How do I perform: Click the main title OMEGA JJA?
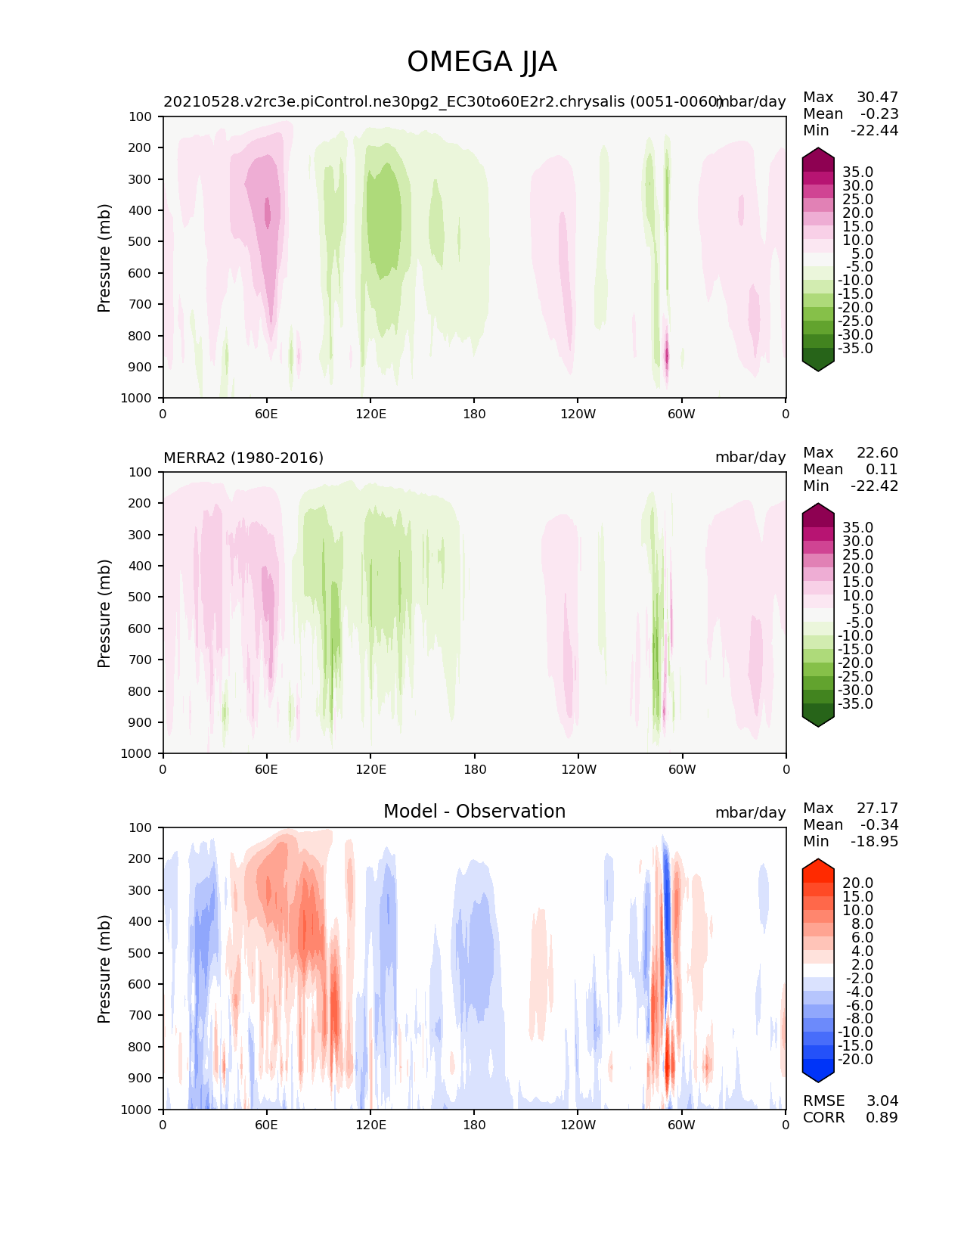pos(482,62)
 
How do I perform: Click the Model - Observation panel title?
pos(474,812)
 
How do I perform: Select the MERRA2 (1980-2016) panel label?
pos(243,458)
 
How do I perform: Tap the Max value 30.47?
pos(877,97)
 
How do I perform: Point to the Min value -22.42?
pos(875,486)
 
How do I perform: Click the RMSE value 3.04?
pos(882,1101)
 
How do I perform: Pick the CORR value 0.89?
pos(882,1117)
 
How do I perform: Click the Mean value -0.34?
pos(879,824)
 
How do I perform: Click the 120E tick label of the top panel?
pos(370,414)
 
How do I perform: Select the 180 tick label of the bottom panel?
pos(474,1125)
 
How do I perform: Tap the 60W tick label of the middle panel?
pos(682,769)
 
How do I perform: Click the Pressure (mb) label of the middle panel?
pos(104,613)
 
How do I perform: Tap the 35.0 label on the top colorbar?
pos(857,172)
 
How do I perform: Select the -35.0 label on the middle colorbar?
pos(855,703)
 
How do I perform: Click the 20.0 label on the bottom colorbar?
pos(857,883)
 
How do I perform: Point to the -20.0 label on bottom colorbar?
pos(855,1059)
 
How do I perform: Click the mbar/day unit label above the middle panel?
pos(750,458)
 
